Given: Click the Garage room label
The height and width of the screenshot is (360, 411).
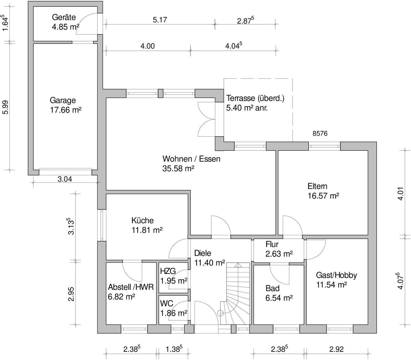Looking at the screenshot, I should [x=63, y=100].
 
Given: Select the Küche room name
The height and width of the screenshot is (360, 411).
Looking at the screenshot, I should [x=142, y=220].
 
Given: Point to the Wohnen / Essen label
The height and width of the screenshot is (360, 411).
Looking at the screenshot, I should [x=191, y=159].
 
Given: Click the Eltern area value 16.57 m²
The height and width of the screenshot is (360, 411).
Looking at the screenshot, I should [x=323, y=196].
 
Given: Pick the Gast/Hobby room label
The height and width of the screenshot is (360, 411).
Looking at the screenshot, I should [x=337, y=275].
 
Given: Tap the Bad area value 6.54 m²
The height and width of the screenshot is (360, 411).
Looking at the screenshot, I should [x=279, y=298].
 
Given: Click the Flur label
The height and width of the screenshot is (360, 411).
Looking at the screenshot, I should [x=272, y=244].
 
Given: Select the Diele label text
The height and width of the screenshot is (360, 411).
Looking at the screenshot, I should [x=202, y=253].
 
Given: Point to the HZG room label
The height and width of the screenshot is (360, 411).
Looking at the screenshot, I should [x=168, y=271].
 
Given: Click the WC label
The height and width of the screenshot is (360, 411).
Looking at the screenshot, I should [x=166, y=303].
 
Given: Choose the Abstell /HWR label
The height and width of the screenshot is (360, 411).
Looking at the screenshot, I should [x=131, y=287].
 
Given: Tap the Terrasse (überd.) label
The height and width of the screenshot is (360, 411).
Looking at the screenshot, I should [x=255, y=98].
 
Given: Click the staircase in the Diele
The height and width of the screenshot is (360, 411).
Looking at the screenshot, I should [x=235, y=294].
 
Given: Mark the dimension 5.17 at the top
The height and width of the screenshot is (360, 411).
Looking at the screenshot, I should [x=160, y=20].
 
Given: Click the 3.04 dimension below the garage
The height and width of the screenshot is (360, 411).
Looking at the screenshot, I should [x=65, y=179].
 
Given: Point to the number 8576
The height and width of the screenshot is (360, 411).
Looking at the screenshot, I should [x=320, y=133].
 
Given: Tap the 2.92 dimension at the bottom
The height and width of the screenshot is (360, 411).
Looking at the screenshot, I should [x=337, y=349].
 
